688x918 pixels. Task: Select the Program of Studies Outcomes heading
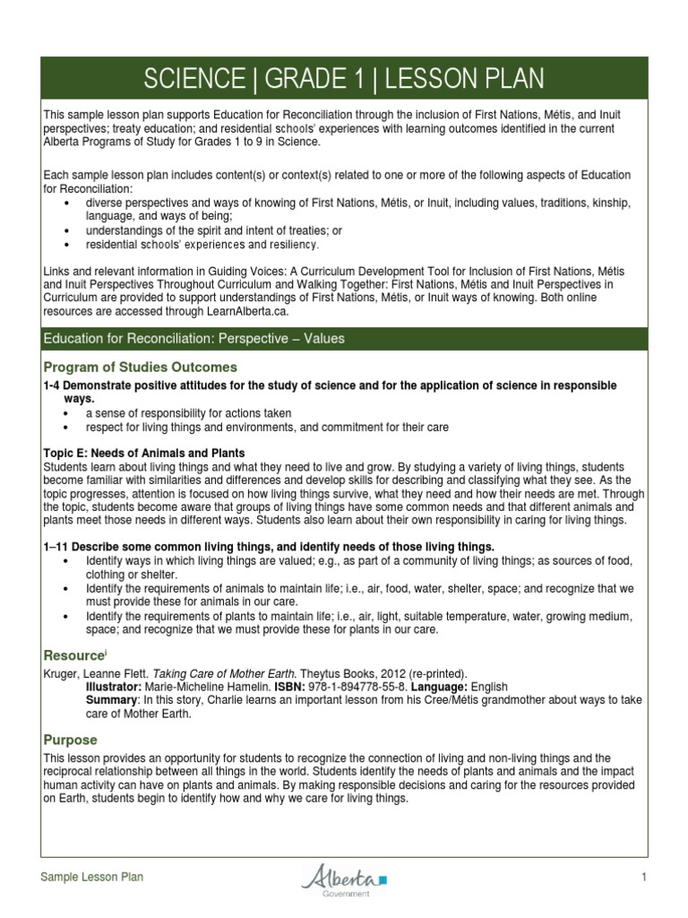tap(141, 367)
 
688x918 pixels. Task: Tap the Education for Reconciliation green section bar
tap(344, 338)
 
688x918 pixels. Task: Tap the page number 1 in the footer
tap(643, 879)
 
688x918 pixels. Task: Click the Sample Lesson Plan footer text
tap(92, 879)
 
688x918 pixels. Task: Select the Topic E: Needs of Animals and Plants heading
tap(143, 453)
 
